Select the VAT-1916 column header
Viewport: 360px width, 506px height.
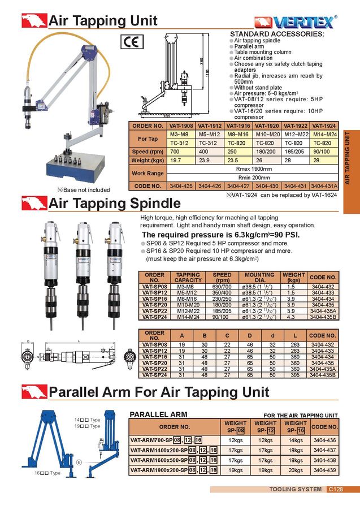coord(238,126)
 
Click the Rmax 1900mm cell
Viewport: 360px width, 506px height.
coord(253,168)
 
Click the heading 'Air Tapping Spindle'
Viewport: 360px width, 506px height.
coord(115,203)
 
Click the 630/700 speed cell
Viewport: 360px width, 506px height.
coord(222,287)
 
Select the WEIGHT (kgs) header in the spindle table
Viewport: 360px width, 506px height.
coord(294,277)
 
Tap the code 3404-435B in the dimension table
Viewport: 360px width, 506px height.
coord(324,374)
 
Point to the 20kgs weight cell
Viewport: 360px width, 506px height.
coord(295,470)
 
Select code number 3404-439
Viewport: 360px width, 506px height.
coord(324,470)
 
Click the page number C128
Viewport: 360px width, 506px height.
coord(335,490)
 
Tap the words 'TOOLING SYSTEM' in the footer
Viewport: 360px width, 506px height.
coord(288,490)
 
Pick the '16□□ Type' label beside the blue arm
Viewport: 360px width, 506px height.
coord(48,473)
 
